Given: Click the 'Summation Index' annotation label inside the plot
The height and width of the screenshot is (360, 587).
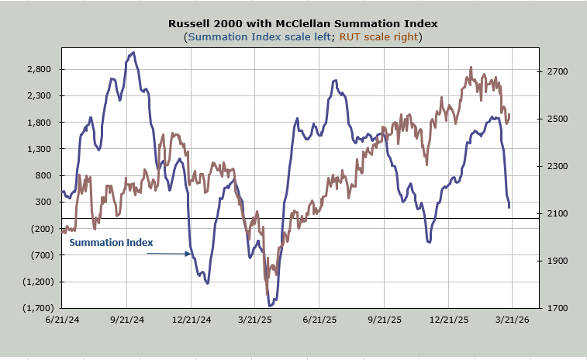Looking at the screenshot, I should click(x=111, y=243).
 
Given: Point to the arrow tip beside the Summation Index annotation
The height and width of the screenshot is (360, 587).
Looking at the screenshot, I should click(x=191, y=254).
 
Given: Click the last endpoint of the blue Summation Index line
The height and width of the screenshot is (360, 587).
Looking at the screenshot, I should click(x=509, y=207).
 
